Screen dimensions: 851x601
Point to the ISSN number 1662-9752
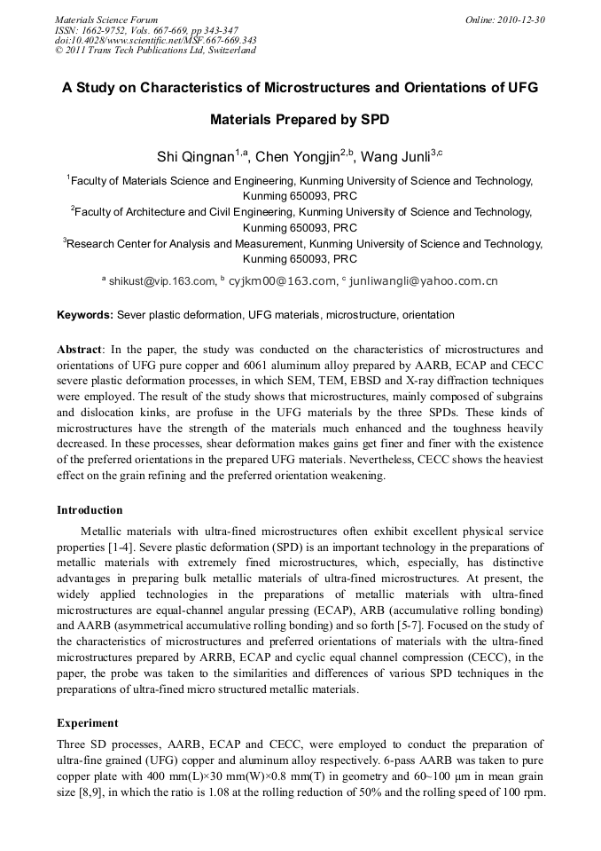[110, 30]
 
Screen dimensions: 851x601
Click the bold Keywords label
[84, 315]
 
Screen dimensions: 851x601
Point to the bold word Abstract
[79, 349]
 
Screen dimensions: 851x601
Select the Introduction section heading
[90, 510]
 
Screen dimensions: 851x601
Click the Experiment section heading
[87, 723]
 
